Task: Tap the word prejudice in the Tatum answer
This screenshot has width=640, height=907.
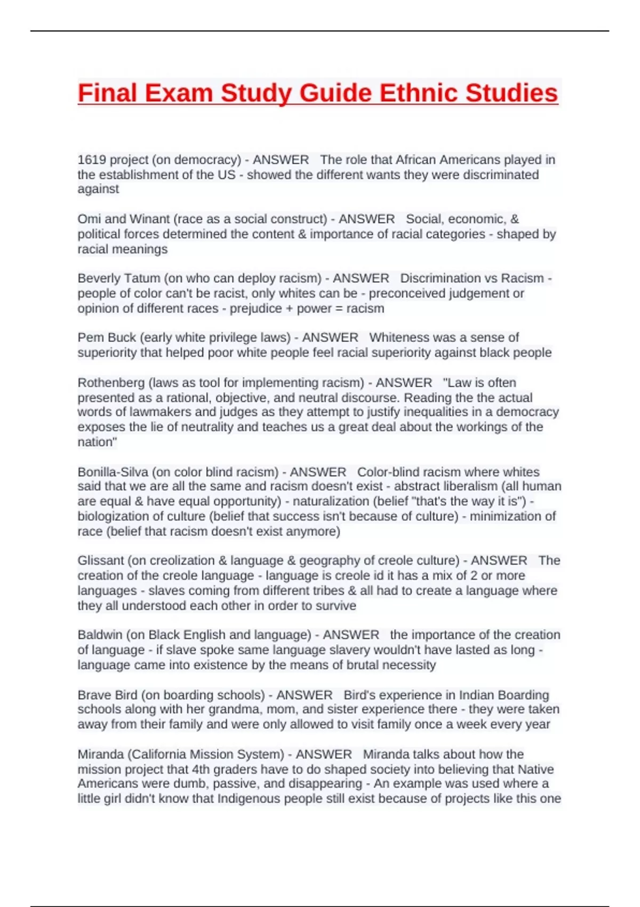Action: coord(255,308)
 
